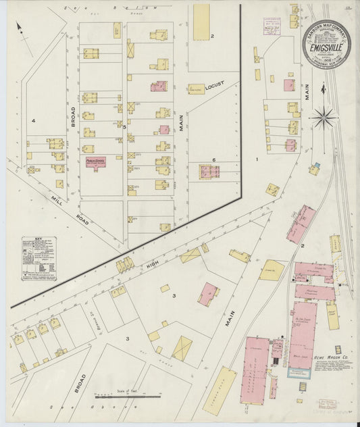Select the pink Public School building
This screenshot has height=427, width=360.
95,162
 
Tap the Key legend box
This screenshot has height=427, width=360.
38,258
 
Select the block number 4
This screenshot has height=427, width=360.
32,121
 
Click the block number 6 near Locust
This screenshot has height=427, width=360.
213,160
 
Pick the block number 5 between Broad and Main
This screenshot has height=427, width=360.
124,126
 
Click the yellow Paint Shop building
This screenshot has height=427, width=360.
332,315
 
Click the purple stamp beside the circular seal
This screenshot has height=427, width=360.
272,26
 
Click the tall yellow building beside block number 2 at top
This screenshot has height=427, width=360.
201,22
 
